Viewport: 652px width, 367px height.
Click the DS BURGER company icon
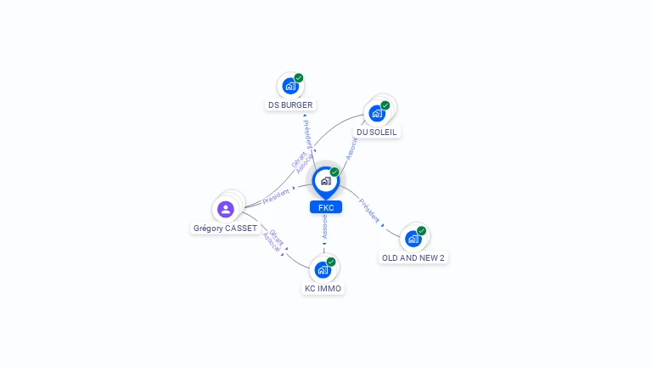[x=290, y=86]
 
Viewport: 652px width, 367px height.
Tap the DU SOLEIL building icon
[x=377, y=113]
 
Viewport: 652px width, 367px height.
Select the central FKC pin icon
[x=325, y=181]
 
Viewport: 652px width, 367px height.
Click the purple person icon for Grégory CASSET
[x=225, y=209]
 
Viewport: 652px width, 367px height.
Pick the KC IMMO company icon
[x=322, y=270]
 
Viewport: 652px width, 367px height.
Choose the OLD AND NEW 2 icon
[x=413, y=239]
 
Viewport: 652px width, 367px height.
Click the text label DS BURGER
[x=290, y=105]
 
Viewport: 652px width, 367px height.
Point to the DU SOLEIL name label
[x=377, y=133]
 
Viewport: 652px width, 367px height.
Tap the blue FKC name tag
[x=326, y=207]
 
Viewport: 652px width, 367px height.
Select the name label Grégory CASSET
[x=225, y=229]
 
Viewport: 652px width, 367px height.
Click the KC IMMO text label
[x=323, y=289]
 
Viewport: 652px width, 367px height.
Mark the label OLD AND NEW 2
[x=413, y=257]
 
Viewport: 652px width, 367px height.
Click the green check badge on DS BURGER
[x=299, y=78]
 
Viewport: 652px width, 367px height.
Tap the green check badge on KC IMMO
[x=331, y=262]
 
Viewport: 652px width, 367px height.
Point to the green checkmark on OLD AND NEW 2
[x=422, y=231]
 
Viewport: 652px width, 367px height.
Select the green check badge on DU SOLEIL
[x=385, y=105]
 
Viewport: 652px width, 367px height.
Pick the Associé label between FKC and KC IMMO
[x=324, y=225]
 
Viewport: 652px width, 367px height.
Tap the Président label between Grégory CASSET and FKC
[x=277, y=196]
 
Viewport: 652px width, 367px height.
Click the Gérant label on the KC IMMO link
[x=277, y=236]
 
